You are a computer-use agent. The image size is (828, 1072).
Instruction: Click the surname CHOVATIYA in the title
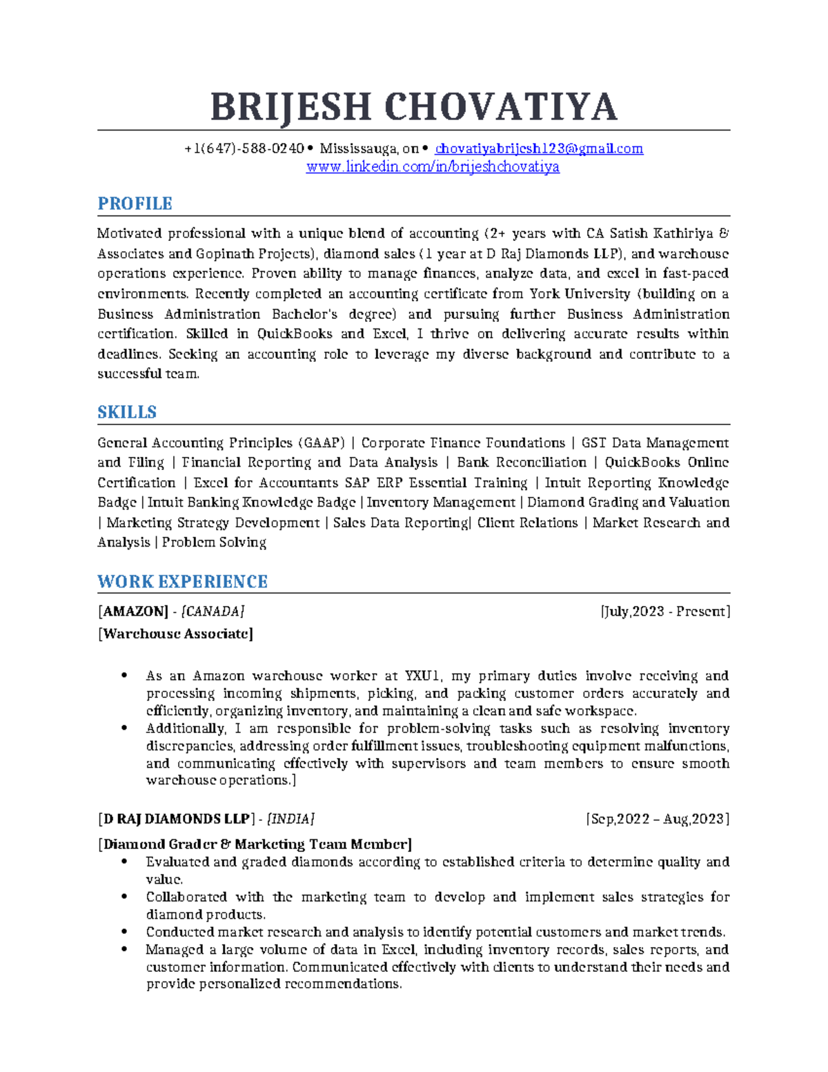[500, 107]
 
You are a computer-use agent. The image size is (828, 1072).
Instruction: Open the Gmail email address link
[539, 148]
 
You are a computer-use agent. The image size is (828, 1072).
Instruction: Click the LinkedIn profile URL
[433, 166]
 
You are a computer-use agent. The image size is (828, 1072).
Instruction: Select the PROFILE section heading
[135, 204]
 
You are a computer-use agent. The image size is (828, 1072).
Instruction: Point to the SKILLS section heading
[127, 412]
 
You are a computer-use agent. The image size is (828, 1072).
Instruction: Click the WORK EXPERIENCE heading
[182, 581]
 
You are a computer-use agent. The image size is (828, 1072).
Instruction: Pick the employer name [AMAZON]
[133, 611]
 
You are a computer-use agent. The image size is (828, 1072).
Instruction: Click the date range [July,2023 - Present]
[665, 611]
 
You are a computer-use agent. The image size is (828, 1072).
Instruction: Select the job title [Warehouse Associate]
[175, 634]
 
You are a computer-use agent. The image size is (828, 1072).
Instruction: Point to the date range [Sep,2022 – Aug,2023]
[658, 819]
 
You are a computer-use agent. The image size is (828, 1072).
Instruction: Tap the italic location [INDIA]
[290, 819]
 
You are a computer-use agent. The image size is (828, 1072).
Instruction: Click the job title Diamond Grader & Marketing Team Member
[255, 844]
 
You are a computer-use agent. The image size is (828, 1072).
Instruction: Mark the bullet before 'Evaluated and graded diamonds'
[124, 861]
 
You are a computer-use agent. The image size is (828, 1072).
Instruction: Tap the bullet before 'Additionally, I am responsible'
[124, 728]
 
